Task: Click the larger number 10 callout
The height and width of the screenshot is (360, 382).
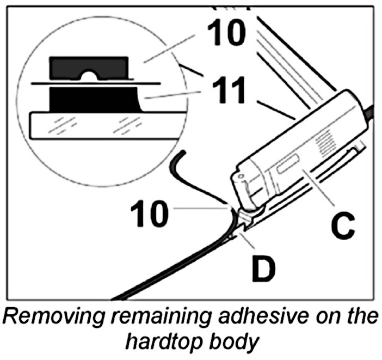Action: pos(225,33)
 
